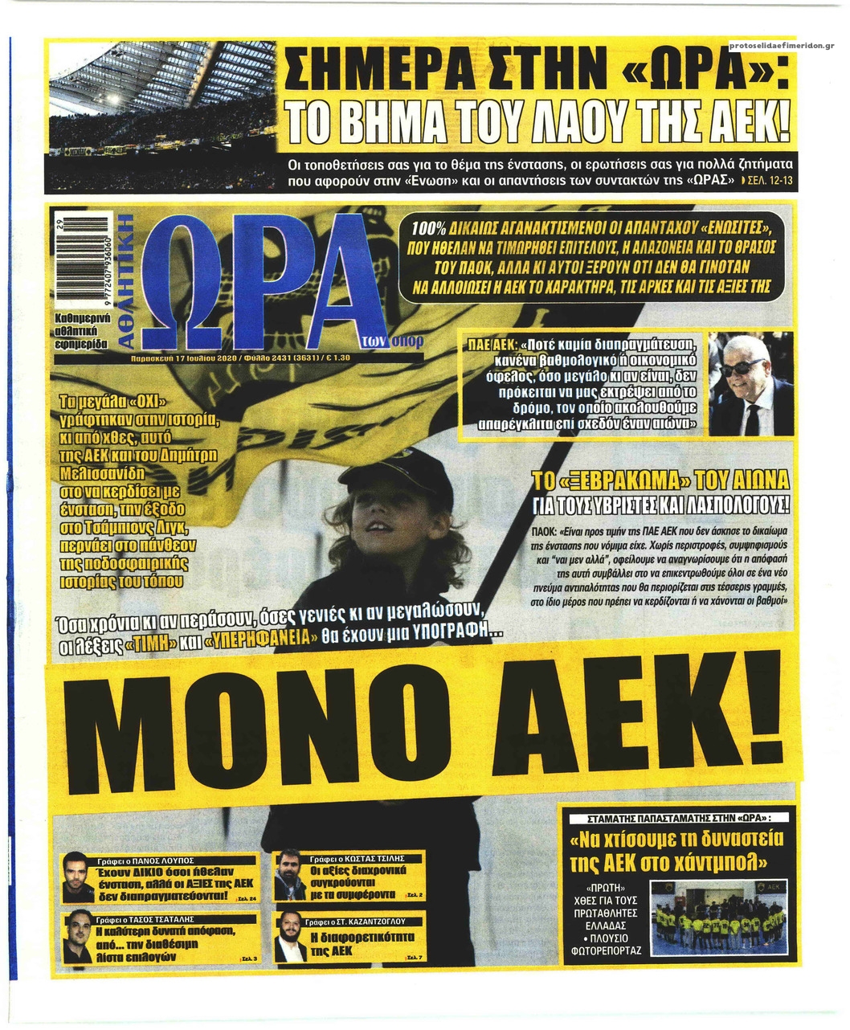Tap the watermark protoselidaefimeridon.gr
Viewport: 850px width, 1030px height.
pyautogui.click(x=782, y=45)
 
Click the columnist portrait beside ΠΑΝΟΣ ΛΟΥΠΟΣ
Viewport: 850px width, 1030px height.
pyautogui.click(x=77, y=877)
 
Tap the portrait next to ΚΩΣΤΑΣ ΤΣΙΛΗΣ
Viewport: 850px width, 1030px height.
pyautogui.click(x=289, y=876)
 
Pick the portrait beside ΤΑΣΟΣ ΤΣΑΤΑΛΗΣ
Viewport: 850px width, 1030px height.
pyautogui.click(x=78, y=937)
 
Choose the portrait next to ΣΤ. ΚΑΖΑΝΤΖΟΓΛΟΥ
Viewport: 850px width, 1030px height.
pyautogui.click(x=289, y=938)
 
